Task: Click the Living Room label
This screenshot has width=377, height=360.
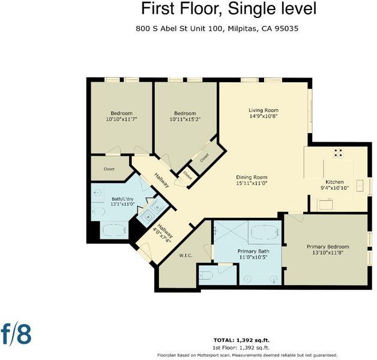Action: coord(264,110)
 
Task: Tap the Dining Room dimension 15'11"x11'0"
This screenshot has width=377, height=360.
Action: coord(252,184)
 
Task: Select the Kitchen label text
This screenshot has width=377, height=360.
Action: coord(334,182)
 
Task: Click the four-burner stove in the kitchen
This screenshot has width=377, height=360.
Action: coord(338,152)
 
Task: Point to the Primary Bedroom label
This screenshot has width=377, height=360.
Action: coord(328,247)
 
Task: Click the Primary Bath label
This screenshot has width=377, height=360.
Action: coord(253,251)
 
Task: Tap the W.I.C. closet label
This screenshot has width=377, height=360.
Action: coord(185,256)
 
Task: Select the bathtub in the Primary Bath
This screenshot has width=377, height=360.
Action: coord(265,232)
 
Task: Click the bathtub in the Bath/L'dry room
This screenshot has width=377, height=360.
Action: coord(115,230)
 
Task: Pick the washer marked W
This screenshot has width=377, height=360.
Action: coord(148,216)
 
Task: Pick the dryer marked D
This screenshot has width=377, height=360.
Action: coord(158,207)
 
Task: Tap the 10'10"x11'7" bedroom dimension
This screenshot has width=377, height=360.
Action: coord(121,119)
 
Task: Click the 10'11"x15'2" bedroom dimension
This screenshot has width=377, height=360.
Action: coord(185,119)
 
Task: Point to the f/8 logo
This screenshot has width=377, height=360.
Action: coord(16,334)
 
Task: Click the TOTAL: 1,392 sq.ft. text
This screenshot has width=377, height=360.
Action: coord(241,340)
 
